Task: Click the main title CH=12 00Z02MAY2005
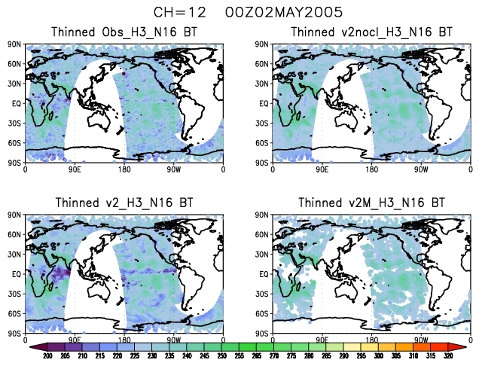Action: (x=239, y=13)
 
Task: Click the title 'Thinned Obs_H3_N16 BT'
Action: (x=124, y=32)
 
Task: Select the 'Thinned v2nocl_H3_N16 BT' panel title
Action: (x=371, y=32)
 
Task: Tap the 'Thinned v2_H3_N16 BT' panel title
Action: (x=124, y=203)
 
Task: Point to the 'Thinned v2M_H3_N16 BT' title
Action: (x=371, y=203)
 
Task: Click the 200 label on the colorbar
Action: (x=47, y=355)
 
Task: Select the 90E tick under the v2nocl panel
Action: (x=322, y=169)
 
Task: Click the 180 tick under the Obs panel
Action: (x=124, y=169)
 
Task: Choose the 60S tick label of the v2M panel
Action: (x=264, y=313)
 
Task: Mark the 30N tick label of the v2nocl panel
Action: (x=264, y=84)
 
